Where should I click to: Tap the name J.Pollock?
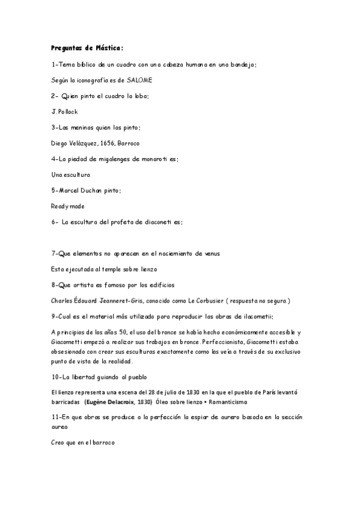(65, 111)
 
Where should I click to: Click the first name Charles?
(62, 301)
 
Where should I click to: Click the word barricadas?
(66, 401)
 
